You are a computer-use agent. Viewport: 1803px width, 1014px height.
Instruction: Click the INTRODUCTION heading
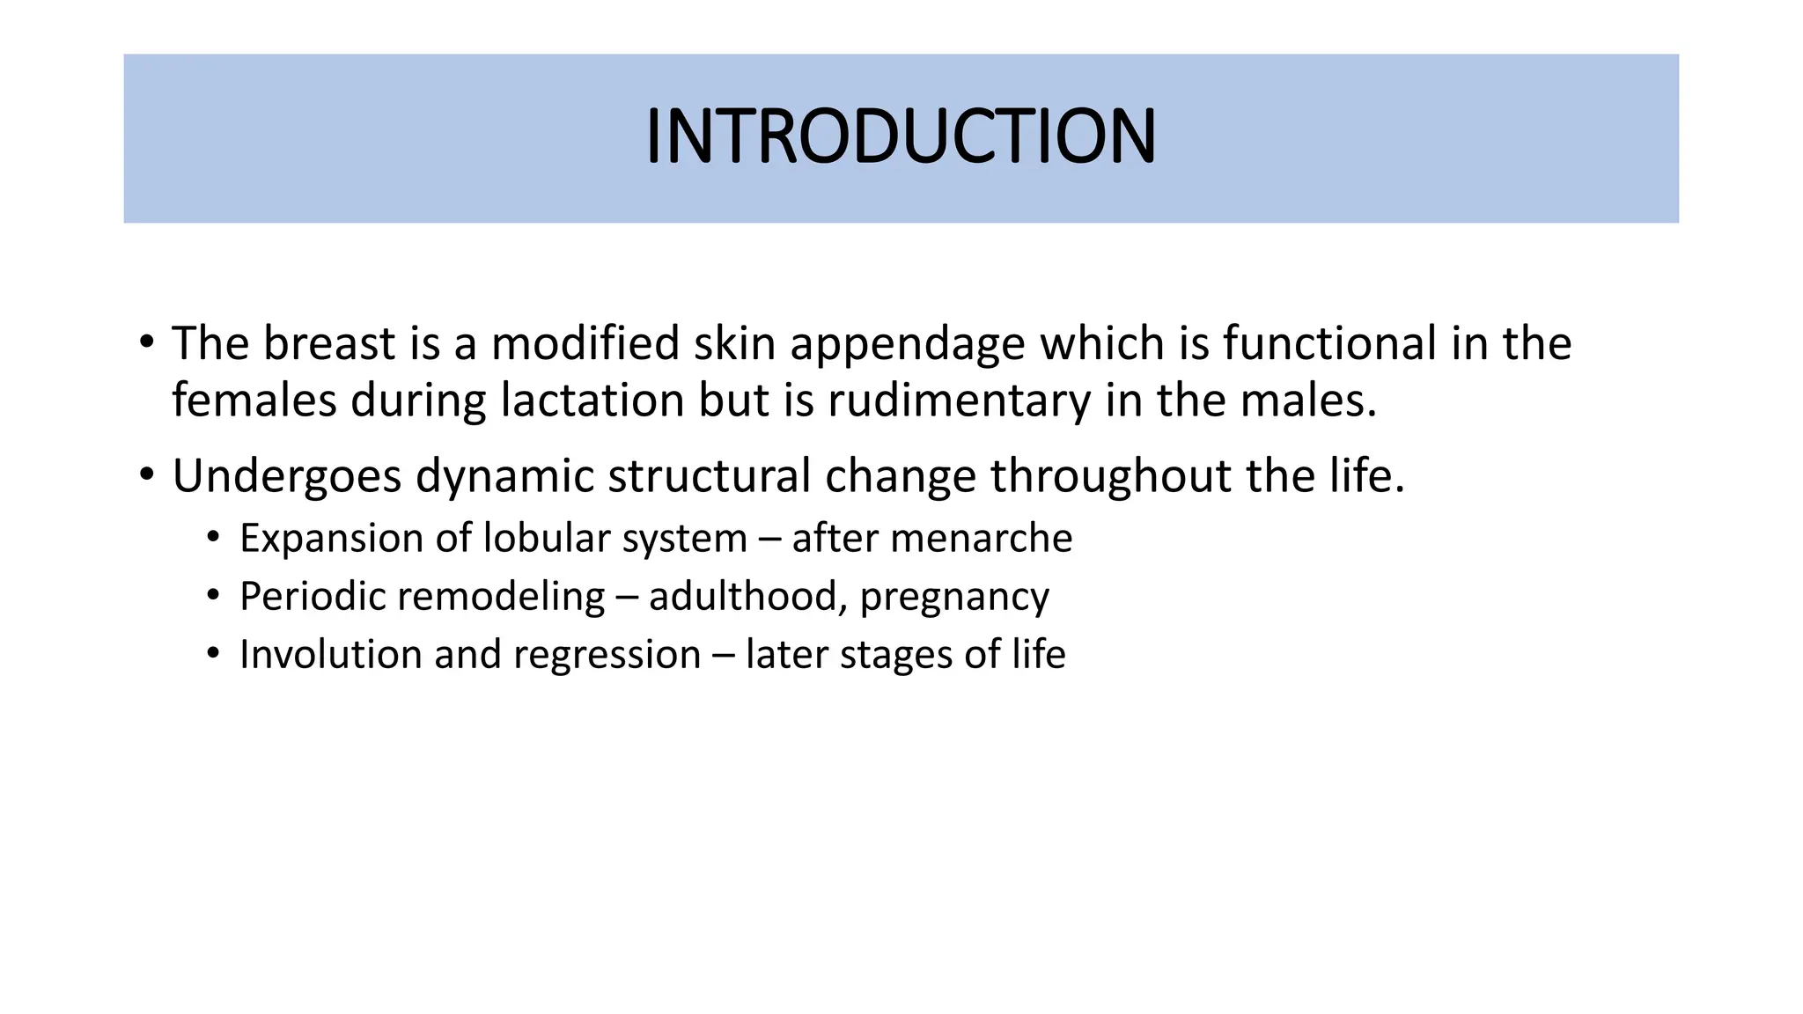[x=901, y=136]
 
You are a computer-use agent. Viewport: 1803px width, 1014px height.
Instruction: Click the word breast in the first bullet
[x=329, y=343]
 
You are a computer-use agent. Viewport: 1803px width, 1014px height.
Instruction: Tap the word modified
[x=585, y=343]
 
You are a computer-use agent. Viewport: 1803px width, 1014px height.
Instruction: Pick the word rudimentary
[x=959, y=401]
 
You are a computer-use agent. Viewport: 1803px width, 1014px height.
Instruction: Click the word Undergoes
[x=286, y=477]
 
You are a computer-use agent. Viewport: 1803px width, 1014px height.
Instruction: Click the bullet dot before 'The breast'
[x=146, y=343]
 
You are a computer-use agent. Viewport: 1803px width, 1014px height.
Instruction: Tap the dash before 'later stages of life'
[x=723, y=656]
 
